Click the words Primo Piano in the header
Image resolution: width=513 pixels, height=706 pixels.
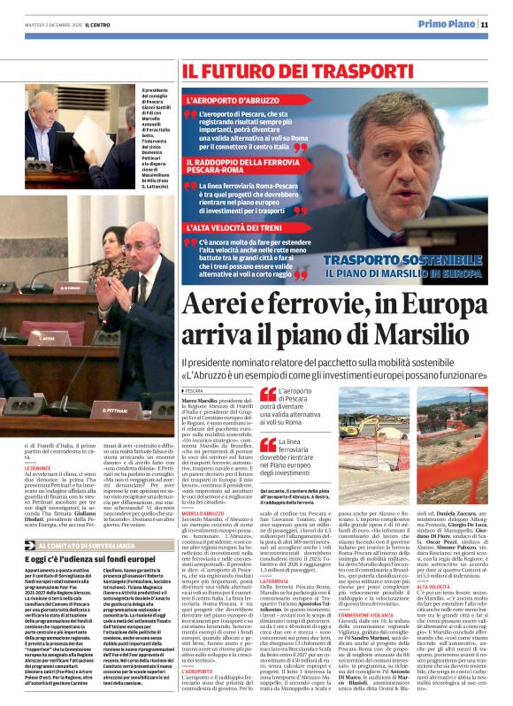445,25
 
